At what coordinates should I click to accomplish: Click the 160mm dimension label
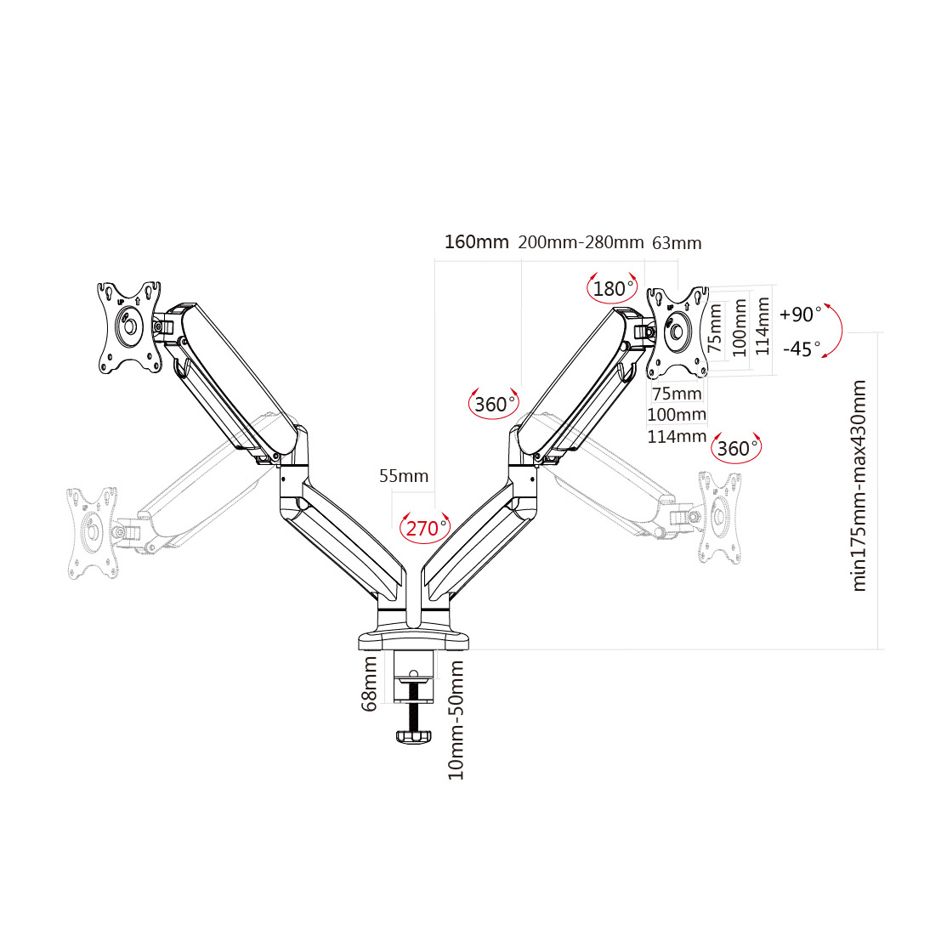(476, 242)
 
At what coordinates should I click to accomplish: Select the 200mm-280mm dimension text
(581, 242)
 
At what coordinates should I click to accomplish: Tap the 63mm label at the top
(677, 243)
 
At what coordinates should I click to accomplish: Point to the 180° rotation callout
(611, 289)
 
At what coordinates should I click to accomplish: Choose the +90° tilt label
(799, 315)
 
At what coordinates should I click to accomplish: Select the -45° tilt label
(801, 349)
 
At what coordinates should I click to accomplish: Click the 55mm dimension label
(404, 476)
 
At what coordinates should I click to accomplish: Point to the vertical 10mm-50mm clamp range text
(456, 719)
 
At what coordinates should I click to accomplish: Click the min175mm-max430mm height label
(859, 486)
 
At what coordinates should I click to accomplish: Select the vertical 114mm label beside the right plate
(763, 326)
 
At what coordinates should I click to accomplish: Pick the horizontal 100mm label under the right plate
(677, 415)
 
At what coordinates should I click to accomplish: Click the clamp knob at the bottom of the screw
(414, 736)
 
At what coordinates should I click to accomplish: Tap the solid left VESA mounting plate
(129, 326)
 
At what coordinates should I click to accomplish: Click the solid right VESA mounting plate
(678, 332)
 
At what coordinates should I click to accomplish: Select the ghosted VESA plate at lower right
(719, 518)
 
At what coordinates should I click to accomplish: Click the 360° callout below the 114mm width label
(735, 448)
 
